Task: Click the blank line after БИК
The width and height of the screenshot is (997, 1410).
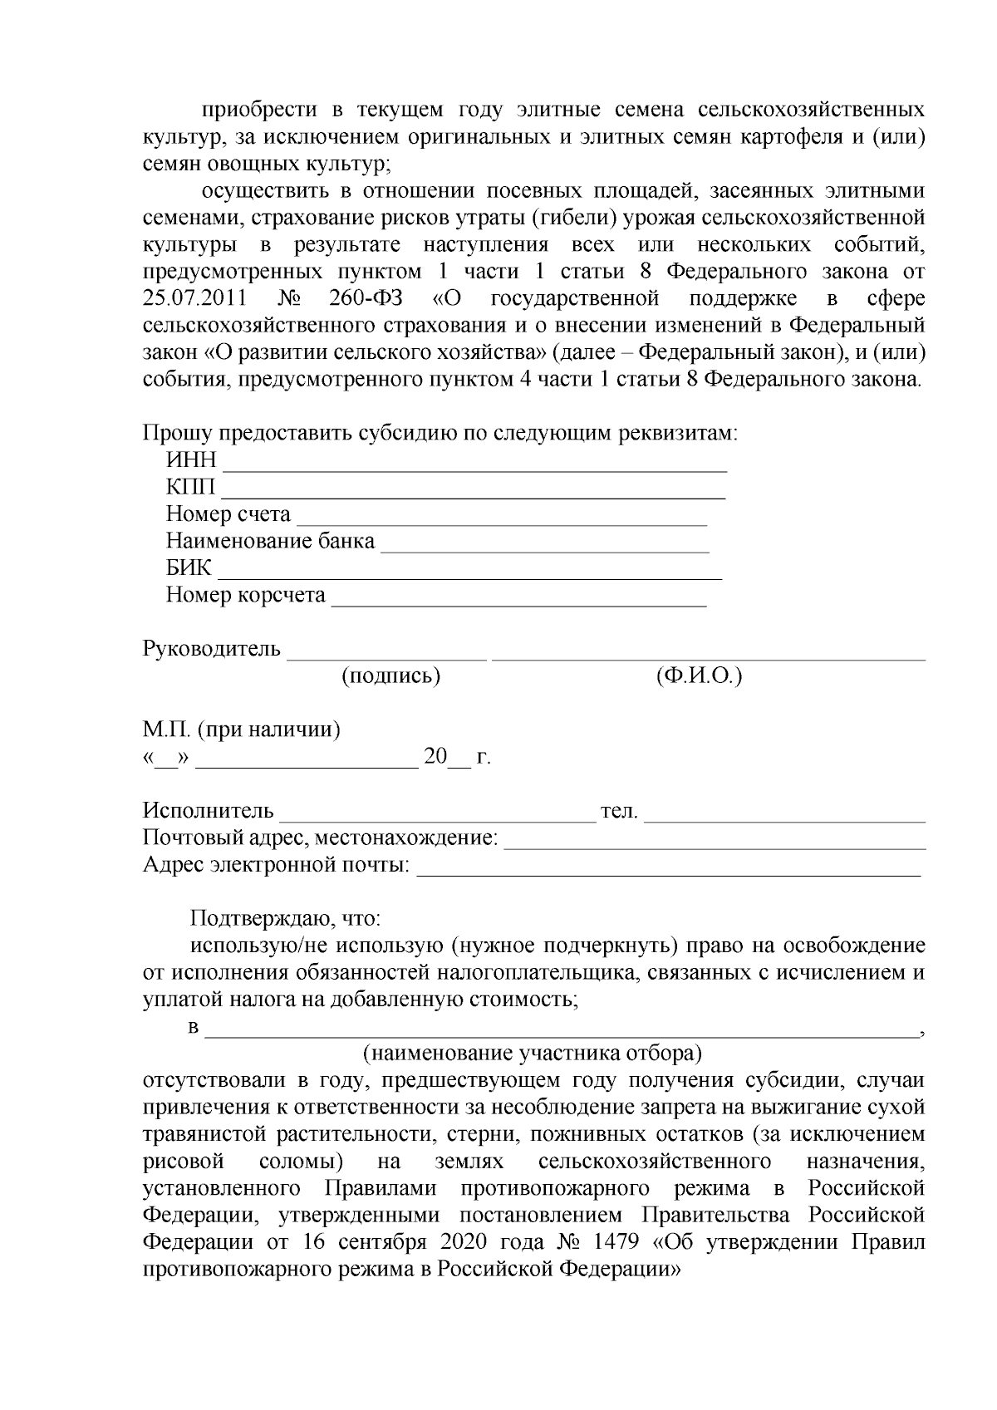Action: (x=469, y=575)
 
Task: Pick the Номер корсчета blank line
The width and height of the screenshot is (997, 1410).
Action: (x=519, y=602)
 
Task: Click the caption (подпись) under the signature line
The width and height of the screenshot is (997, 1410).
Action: (x=390, y=676)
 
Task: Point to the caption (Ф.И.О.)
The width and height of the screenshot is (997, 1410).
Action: (x=698, y=676)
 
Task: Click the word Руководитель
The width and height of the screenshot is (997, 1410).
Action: (x=212, y=649)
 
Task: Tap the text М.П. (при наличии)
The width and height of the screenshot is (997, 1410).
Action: (x=241, y=730)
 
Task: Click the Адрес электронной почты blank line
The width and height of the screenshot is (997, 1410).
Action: (x=669, y=872)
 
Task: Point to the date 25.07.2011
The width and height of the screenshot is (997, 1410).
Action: (x=193, y=299)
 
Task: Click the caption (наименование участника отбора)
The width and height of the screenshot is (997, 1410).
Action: (x=533, y=1054)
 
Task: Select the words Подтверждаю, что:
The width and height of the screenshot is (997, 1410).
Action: (x=285, y=919)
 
